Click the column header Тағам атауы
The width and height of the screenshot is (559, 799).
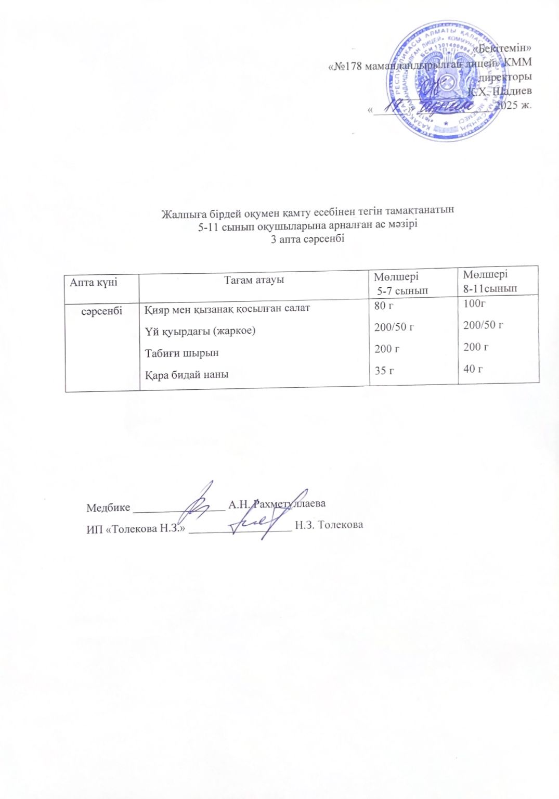[254, 280]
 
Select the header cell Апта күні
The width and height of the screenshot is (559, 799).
[94, 282]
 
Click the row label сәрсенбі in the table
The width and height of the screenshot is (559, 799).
[101, 311]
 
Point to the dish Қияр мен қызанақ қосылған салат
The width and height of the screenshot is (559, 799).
[227, 308]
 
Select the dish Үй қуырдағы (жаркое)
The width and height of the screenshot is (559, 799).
[200, 331]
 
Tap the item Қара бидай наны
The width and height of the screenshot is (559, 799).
[186, 375]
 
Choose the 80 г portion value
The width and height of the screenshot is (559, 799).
[384, 306]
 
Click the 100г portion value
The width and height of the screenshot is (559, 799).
[474, 303]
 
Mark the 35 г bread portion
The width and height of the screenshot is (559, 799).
[384, 371]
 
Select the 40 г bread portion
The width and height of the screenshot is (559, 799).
[473, 369]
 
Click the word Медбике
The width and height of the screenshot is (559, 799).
[108, 508]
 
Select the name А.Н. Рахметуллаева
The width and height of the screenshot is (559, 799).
[277, 504]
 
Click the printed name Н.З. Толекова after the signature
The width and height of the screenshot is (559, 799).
[329, 525]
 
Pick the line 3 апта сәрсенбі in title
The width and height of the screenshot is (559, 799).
[307, 239]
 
